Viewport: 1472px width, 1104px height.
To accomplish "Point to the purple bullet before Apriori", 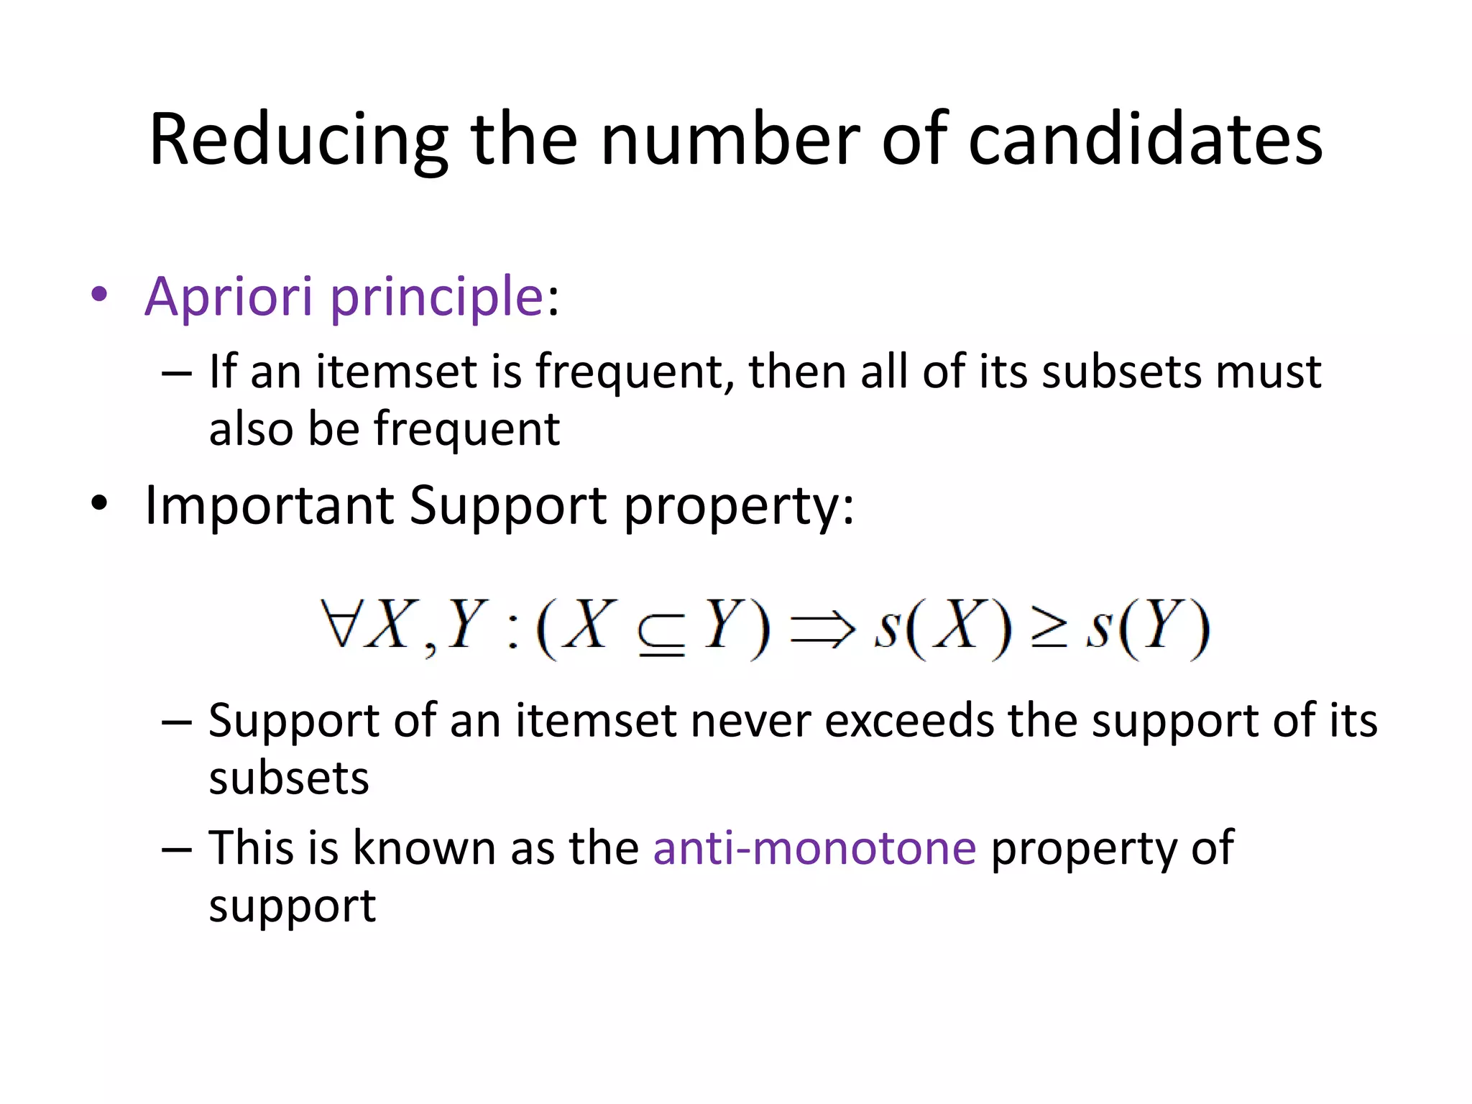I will (x=99, y=294).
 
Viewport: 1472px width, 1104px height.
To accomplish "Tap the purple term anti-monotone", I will (x=814, y=847).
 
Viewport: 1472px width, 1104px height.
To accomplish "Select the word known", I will (x=424, y=847).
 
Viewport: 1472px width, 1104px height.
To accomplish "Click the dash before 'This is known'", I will (x=177, y=849).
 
